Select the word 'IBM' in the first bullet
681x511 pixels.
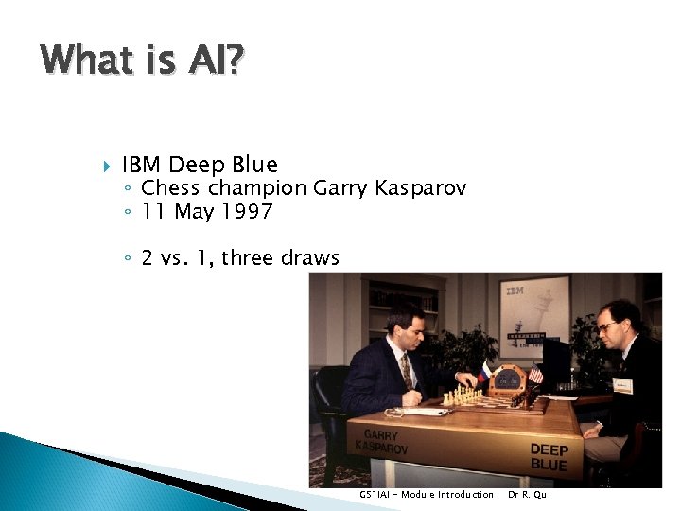[142, 166]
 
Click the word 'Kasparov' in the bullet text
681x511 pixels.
[421, 188]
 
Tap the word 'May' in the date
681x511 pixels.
[195, 212]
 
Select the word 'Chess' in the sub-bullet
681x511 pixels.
[171, 188]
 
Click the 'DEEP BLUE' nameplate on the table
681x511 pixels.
[549, 457]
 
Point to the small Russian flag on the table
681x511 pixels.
[485, 370]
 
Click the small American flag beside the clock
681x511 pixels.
[535, 374]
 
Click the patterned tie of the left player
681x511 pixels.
[406, 370]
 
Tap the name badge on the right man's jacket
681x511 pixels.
[622, 385]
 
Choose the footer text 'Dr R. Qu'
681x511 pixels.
[527, 494]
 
